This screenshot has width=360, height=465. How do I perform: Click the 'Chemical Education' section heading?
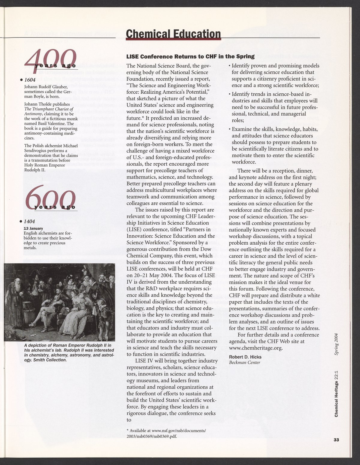click(x=173, y=34)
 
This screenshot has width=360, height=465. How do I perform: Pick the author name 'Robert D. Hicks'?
click(x=245, y=357)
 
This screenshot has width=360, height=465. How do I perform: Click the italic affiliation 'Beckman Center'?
click(x=244, y=362)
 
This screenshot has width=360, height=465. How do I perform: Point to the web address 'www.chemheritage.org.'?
click(x=256, y=348)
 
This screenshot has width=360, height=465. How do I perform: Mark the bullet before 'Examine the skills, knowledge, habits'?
click(x=229, y=129)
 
